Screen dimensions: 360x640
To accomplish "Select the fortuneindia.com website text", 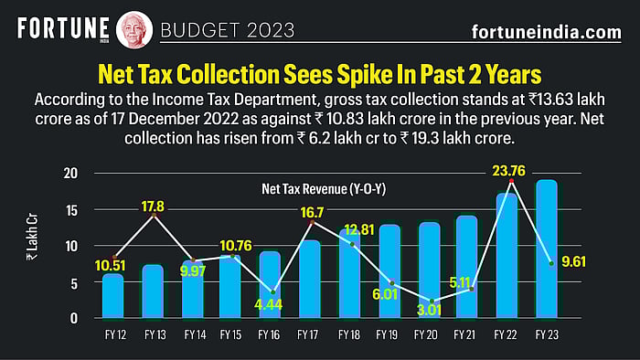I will click(546, 32).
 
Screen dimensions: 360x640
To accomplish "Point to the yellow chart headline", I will click(319, 72).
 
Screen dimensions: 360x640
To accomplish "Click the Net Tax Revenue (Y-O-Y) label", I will click(309, 190).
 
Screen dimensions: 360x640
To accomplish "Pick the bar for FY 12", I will click(112, 296).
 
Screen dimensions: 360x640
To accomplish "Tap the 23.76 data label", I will click(508, 169).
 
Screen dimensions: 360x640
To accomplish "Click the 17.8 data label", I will click(153, 206).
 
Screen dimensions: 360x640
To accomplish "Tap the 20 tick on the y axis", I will click(72, 174).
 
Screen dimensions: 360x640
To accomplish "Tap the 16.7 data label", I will click(313, 213).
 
